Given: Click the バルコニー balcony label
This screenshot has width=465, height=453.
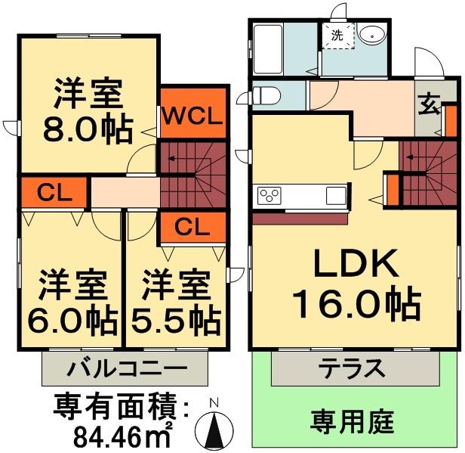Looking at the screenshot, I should coord(125,371).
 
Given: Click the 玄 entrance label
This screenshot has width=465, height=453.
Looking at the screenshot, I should coord(428,105).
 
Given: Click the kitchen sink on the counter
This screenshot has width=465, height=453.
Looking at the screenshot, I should coord(335,196).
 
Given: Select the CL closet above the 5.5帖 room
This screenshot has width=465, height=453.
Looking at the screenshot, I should coord(192,225).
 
